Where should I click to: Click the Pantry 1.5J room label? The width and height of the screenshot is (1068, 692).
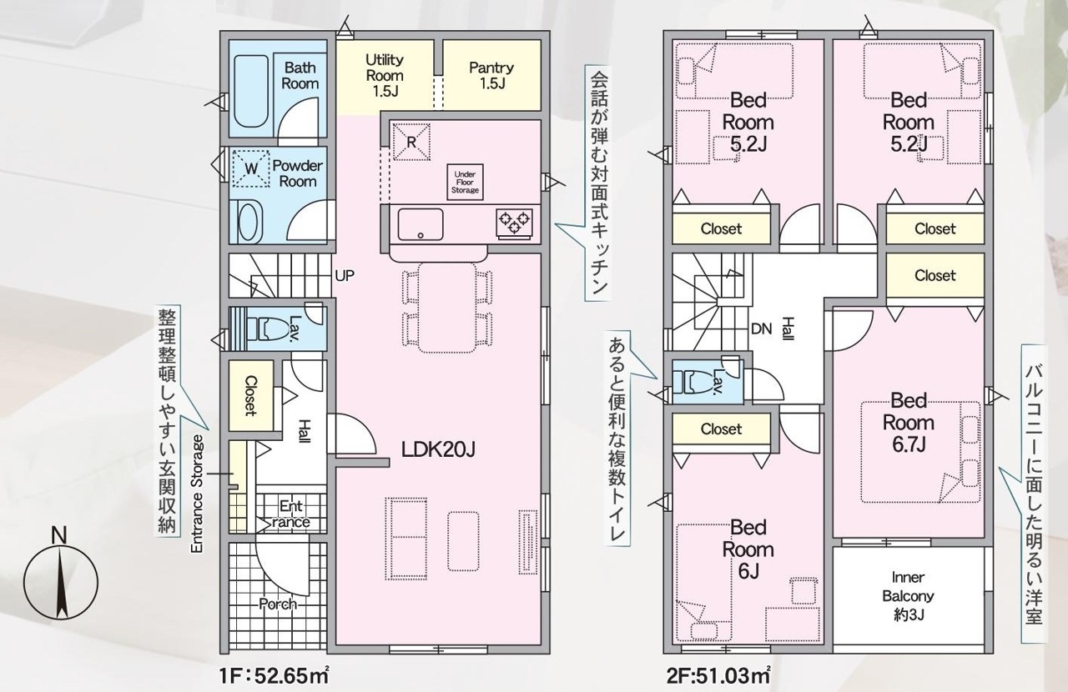click(x=491, y=75)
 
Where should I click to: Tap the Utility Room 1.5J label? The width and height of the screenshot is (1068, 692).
click(x=385, y=75)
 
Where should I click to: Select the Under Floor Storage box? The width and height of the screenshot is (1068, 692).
click(x=465, y=183)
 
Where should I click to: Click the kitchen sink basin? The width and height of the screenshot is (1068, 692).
click(x=421, y=224)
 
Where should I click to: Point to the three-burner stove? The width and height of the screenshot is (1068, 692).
click(x=515, y=223)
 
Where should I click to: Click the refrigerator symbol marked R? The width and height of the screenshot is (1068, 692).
click(x=411, y=142)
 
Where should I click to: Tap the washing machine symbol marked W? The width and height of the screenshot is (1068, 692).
click(x=251, y=168)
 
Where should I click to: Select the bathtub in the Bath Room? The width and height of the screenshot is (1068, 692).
click(x=252, y=92)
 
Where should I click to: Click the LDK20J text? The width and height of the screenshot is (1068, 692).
click(x=438, y=449)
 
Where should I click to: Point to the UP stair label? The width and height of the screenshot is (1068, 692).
click(x=345, y=275)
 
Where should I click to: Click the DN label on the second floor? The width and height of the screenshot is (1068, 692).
click(x=761, y=328)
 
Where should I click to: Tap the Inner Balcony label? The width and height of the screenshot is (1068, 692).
click(x=908, y=596)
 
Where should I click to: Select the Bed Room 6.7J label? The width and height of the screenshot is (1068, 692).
click(x=909, y=422)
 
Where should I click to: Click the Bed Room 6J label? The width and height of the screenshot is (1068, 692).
click(x=748, y=549)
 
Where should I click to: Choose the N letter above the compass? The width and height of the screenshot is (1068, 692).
click(x=59, y=536)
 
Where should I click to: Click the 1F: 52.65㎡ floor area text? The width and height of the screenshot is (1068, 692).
click(x=275, y=675)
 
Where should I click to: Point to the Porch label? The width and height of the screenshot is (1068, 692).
click(x=278, y=604)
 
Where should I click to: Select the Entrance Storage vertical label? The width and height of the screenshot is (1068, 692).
click(x=197, y=494)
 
